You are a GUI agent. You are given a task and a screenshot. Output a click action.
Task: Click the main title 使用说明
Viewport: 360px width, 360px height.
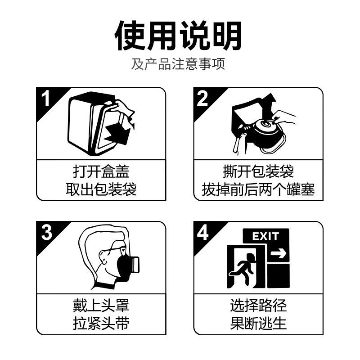coord(179,36)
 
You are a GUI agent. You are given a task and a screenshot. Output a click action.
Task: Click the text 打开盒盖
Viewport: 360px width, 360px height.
coord(101,171)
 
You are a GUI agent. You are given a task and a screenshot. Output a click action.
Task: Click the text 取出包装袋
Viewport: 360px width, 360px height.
coord(101,189)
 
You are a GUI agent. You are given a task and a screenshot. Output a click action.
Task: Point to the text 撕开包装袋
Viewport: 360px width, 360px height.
coord(258,171)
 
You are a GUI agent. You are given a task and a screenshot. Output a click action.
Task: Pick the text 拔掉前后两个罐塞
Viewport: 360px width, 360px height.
coord(258,189)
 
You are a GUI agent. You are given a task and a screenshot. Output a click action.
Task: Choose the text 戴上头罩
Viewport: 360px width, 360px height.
coord(101,306)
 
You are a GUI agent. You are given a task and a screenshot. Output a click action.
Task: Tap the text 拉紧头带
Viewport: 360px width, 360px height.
coord(101,324)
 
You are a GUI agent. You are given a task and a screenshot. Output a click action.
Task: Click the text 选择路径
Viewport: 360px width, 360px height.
coord(258,306)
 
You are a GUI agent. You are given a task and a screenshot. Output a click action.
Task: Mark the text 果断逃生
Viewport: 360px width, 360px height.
coord(258,324)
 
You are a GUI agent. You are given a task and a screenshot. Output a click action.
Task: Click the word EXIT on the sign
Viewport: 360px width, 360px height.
coord(265,236)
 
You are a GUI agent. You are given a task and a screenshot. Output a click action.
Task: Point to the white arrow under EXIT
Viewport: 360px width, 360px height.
coord(279,254)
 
